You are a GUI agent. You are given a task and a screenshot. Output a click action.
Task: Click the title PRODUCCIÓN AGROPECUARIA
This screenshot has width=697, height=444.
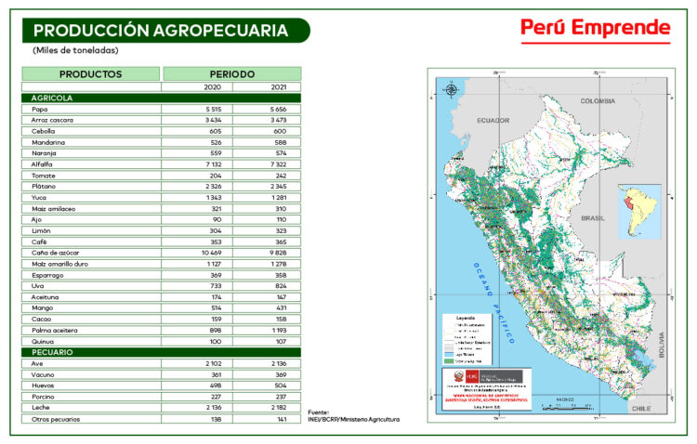click(160, 30)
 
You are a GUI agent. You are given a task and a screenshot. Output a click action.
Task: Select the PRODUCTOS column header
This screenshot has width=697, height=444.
click(90, 73)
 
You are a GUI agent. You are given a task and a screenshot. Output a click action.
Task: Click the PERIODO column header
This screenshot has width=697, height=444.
click(231, 73)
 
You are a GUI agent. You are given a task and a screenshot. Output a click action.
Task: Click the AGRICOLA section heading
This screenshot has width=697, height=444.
click(52, 98)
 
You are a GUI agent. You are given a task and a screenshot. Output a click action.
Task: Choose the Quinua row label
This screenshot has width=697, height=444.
click(43, 342)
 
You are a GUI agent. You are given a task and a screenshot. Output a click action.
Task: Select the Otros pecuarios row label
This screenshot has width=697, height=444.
click(56, 419)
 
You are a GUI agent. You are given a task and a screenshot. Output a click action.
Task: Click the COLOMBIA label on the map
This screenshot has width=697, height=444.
click(598, 100)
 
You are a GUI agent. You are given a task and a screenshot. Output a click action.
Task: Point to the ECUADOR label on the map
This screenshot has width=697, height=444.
click(494, 120)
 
